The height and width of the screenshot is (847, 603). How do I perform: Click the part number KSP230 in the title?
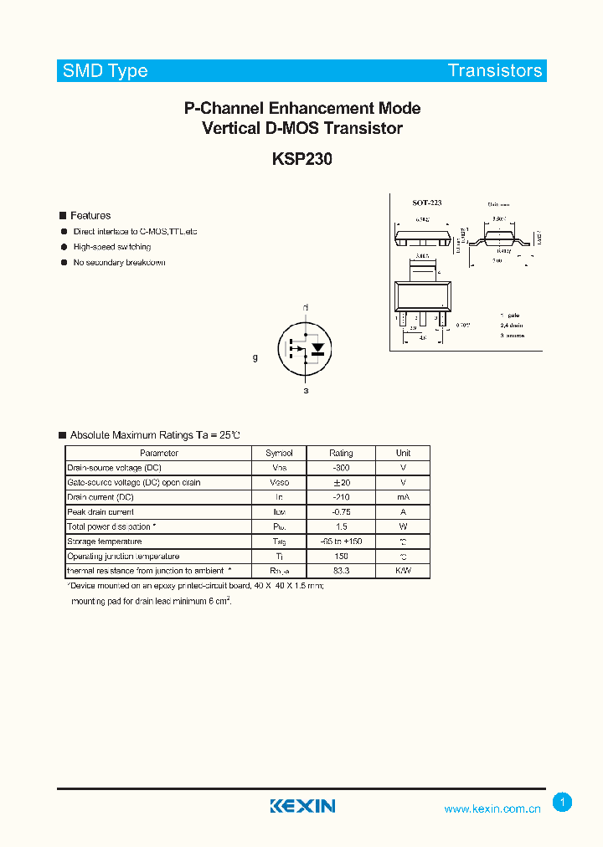click(x=301, y=159)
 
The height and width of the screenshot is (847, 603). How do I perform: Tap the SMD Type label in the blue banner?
click(x=105, y=71)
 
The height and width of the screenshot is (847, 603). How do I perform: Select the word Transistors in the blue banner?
click(x=495, y=71)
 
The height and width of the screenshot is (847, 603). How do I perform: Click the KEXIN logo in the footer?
click(x=302, y=806)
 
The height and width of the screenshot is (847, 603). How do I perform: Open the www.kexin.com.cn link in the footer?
click(x=492, y=808)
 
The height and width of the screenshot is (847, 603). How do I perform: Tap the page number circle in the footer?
click(x=563, y=803)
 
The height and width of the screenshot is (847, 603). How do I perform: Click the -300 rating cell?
click(x=341, y=468)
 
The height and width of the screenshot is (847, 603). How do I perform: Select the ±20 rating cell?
click(x=341, y=483)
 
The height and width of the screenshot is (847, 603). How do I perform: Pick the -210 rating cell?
click(x=341, y=497)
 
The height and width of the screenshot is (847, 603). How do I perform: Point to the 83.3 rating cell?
click(x=341, y=571)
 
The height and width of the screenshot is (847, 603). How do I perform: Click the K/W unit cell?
click(x=403, y=571)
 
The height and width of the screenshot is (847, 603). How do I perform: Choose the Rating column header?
click(x=341, y=453)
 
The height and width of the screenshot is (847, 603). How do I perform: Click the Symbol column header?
click(x=279, y=453)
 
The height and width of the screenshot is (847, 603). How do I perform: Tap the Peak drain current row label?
click(x=100, y=512)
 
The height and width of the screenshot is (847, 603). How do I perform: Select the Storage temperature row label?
click(x=106, y=542)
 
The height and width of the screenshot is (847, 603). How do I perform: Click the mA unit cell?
click(x=403, y=497)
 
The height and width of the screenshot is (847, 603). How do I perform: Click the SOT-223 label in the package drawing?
click(x=426, y=203)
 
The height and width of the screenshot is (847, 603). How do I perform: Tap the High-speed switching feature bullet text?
click(x=112, y=247)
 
